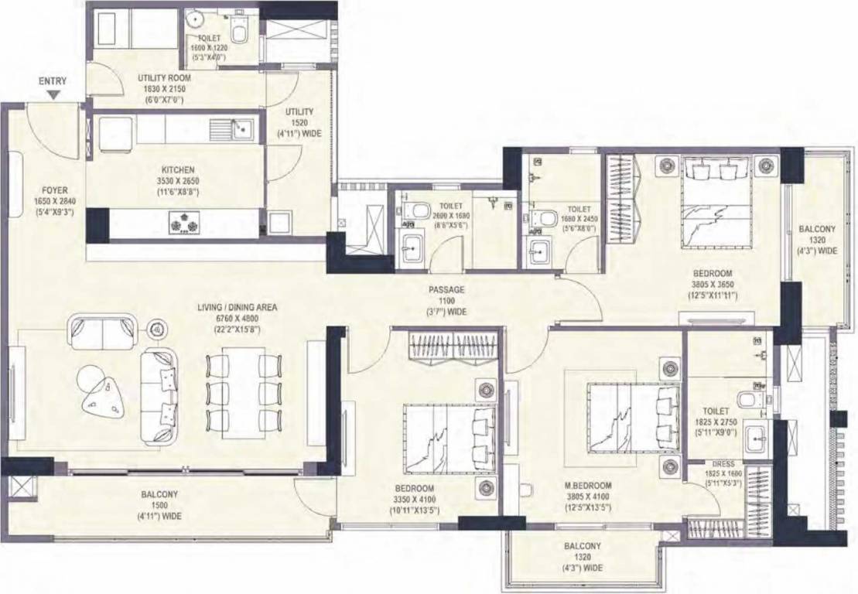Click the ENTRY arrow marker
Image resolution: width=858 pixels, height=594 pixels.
coord(52,94)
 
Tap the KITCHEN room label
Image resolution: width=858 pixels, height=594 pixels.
coord(178,169)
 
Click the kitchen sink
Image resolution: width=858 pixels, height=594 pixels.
coord(241,127)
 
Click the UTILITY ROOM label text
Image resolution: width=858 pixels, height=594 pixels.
coord(164,78)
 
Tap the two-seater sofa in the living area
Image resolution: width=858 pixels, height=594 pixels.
coord(103,330)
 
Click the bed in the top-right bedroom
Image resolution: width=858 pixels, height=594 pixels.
coord(716,203)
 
